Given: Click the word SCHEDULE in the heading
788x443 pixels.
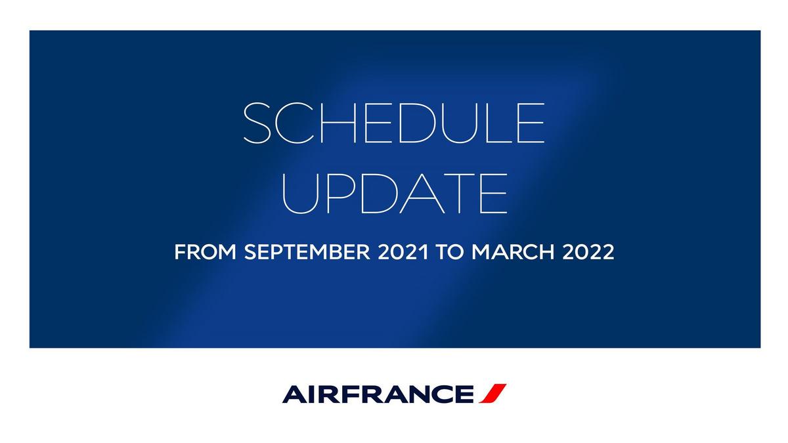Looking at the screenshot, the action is pos(394,123).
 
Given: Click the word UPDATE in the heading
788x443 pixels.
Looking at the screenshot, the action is pos(394,194).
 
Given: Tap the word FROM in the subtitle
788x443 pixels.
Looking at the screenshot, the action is pos(205,252).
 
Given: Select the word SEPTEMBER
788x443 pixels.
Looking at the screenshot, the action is pos(307,252).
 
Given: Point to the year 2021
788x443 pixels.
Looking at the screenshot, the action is pos(403,252).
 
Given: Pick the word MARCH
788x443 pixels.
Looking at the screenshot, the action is pos(514,252).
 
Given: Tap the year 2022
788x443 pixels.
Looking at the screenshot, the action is pos(588,252).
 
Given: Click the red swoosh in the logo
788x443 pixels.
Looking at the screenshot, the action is pos(493,393).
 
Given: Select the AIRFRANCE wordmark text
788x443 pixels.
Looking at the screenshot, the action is pos(378,394).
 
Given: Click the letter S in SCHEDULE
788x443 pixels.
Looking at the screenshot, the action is pos(257,123).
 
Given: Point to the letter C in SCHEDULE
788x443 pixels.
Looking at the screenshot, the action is pos(295,123).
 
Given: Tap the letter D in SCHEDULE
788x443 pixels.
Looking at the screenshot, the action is pos(417,123).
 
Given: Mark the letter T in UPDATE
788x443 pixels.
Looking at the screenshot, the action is pos(460,194).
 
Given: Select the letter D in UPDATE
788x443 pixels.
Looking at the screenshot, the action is pos(379,194).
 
